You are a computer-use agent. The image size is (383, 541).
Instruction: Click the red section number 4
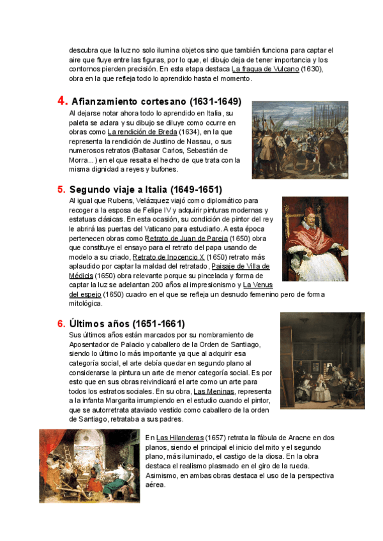pos(63,101)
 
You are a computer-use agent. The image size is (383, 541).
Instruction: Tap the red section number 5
pos(61,189)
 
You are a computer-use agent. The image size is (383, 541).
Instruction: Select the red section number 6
pos(61,324)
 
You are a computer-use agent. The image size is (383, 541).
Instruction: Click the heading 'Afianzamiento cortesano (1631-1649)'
pos(156,101)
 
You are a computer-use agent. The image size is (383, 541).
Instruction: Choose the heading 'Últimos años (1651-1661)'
pos(127,324)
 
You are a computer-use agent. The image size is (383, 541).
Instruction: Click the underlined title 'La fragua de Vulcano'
pos(265,69)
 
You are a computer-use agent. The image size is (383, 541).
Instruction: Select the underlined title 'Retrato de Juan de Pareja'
pos(186,238)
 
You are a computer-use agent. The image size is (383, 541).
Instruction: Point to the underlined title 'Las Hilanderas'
pos(180,438)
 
